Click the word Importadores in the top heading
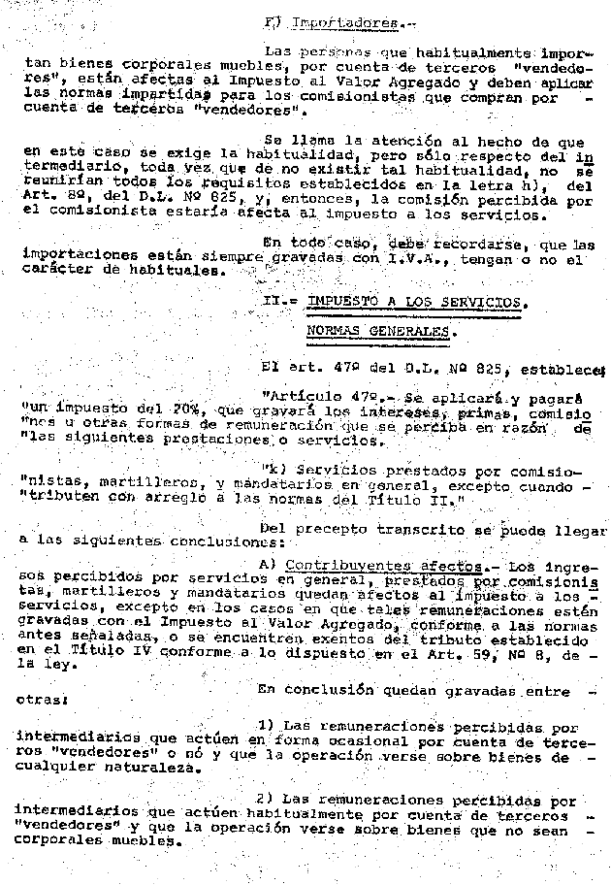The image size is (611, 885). click(334, 20)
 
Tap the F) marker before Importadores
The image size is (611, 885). click(273, 20)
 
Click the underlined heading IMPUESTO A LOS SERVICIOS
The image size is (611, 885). click(418, 301)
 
